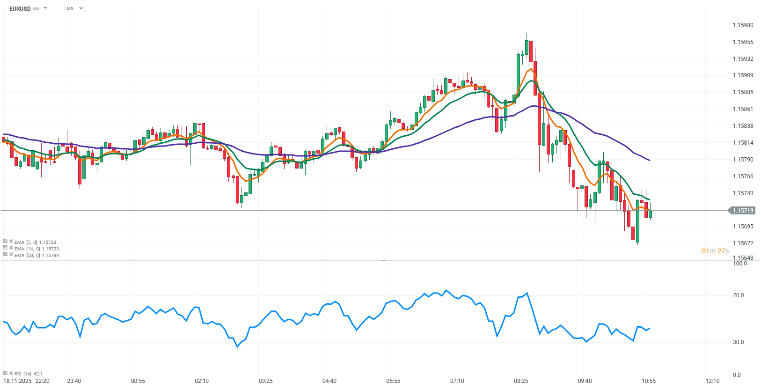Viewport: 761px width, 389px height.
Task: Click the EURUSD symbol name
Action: [20, 8]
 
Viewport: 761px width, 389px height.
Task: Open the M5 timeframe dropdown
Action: [74, 8]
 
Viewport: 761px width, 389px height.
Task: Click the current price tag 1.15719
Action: [743, 211]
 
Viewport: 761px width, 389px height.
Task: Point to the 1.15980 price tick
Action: [743, 25]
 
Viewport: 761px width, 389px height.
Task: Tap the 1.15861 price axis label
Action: [743, 109]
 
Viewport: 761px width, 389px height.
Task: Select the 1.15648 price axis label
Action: [743, 258]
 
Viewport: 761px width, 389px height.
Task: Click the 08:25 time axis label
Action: [521, 381]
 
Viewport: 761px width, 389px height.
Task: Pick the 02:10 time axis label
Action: [202, 381]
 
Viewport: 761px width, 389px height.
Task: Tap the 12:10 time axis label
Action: [712, 381]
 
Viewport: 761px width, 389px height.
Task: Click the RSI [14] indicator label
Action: [23, 374]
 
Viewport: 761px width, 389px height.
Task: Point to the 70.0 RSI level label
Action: [738, 295]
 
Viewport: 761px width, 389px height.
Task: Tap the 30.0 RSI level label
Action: [738, 342]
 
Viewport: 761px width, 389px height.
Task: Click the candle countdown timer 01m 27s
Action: [715, 251]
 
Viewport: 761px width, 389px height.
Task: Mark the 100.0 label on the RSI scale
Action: [739, 264]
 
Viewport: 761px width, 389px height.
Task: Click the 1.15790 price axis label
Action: [743, 160]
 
